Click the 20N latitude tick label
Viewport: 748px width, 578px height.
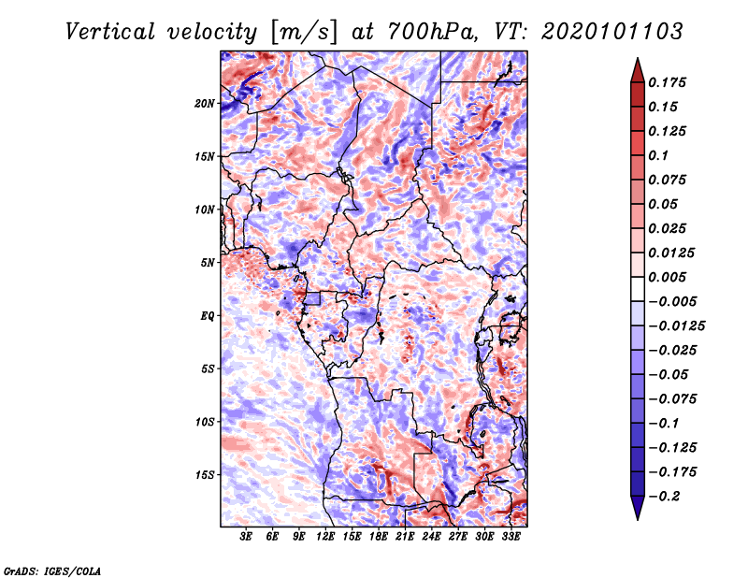(x=205, y=103)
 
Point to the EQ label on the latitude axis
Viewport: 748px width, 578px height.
(x=208, y=315)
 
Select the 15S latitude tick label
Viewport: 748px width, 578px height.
(x=205, y=474)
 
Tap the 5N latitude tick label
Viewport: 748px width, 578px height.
(x=208, y=262)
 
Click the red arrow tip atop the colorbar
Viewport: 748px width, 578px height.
(x=637, y=65)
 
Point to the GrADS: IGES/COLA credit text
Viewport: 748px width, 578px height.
(x=52, y=570)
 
